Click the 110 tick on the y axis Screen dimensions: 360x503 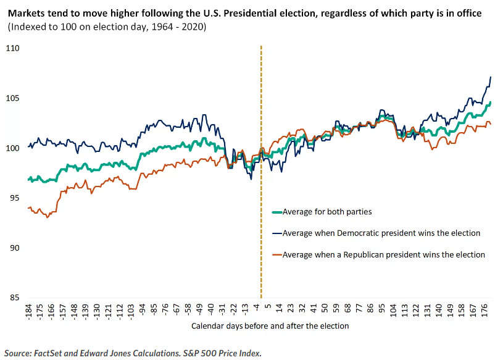click(x=13, y=48)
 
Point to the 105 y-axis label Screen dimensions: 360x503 click(x=13, y=98)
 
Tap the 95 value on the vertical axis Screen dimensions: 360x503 click(x=15, y=198)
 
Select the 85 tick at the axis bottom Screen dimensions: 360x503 click(x=15, y=298)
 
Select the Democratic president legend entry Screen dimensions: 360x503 click(x=381, y=233)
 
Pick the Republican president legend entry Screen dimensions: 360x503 click(x=383, y=254)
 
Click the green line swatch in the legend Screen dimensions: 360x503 click(x=276, y=212)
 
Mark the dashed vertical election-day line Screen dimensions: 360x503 click(x=262, y=185)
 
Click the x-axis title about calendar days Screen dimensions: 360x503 click(x=270, y=325)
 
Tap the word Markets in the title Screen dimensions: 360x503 click(x=26, y=14)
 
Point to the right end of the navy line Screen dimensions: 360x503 click(x=491, y=77)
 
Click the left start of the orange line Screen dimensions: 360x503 click(x=28, y=208)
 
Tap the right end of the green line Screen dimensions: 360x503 click(x=491, y=103)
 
